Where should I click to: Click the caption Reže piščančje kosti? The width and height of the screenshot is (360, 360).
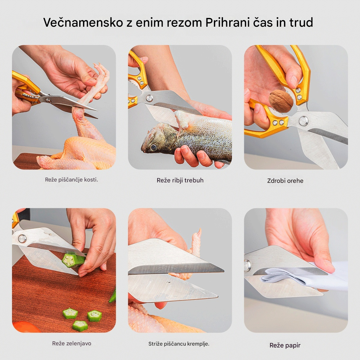71,180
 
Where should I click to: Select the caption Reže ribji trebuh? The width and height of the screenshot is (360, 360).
180,180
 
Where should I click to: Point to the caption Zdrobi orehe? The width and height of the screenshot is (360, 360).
285,181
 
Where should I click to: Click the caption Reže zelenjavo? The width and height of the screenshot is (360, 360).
71,343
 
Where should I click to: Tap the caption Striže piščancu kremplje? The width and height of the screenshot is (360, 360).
179,344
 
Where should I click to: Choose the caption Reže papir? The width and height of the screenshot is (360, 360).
285,346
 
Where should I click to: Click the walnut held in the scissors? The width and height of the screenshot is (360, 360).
281,101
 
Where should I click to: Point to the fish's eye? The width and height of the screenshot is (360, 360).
154,147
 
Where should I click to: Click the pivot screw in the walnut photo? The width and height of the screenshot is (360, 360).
303,121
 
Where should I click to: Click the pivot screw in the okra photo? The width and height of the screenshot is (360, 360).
22,239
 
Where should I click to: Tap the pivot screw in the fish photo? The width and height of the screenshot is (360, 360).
149,98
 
